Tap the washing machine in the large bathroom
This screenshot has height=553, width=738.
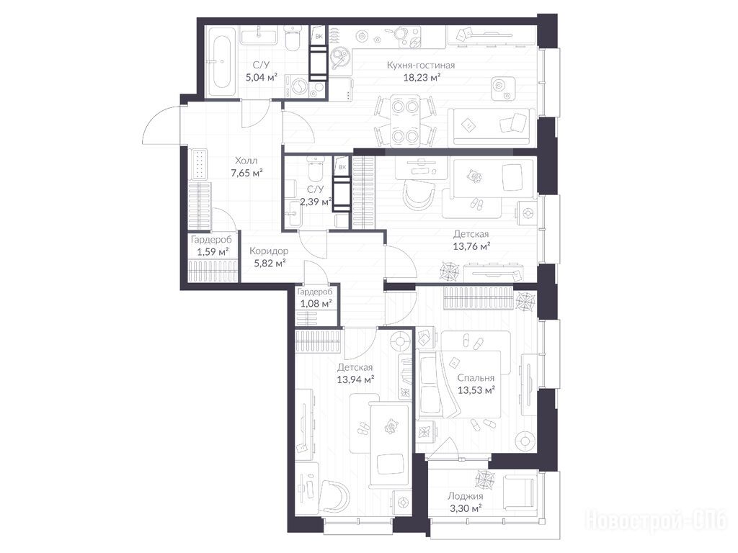(298, 86)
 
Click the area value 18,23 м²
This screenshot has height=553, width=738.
(422, 78)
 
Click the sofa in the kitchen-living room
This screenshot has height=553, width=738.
(492, 127)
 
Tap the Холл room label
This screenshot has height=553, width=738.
(246, 161)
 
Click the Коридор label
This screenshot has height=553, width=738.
(269, 251)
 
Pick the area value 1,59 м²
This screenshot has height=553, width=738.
(213, 251)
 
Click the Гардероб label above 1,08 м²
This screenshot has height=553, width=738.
(315, 292)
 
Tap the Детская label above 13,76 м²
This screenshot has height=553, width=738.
(471, 234)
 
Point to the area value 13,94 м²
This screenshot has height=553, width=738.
(355, 379)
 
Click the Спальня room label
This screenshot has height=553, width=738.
(476, 377)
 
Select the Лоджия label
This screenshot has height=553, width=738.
(465, 496)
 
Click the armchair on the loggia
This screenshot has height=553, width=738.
(520, 492)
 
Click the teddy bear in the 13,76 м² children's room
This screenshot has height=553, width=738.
(474, 177)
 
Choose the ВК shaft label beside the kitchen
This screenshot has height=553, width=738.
(319, 36)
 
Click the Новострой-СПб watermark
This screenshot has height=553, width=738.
(656, 521)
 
